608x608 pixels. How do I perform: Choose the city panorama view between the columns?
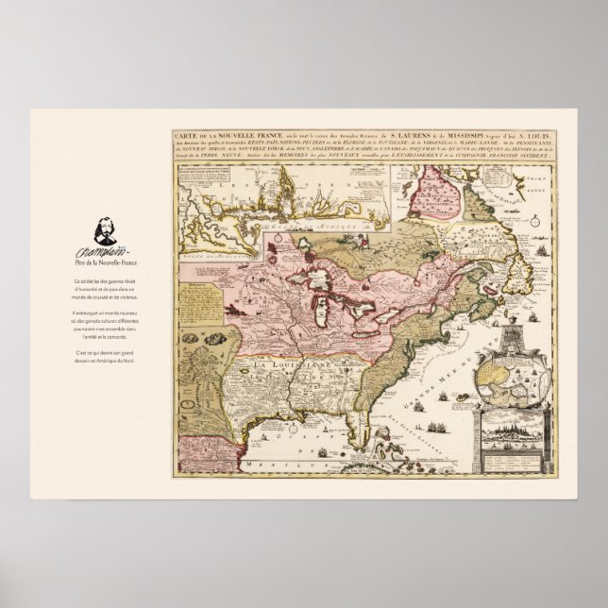(x=514, y=440)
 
